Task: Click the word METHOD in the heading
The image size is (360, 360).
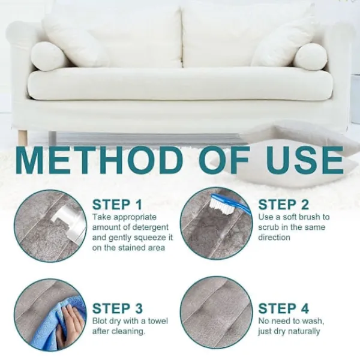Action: tap(99, 160)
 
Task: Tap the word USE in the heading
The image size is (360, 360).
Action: tap(305, 160)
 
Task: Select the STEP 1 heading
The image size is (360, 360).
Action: tap(117, 205)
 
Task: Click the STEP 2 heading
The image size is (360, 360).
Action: tap(283, 205)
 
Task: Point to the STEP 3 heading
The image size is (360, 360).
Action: tap(118, 308)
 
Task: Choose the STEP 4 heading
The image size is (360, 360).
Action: tap(283, 308)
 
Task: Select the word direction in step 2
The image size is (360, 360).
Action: tap(274, 238)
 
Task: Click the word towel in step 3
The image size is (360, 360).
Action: tap(158, 321)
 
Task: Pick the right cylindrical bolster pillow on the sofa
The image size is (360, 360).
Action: tap(310, 56)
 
